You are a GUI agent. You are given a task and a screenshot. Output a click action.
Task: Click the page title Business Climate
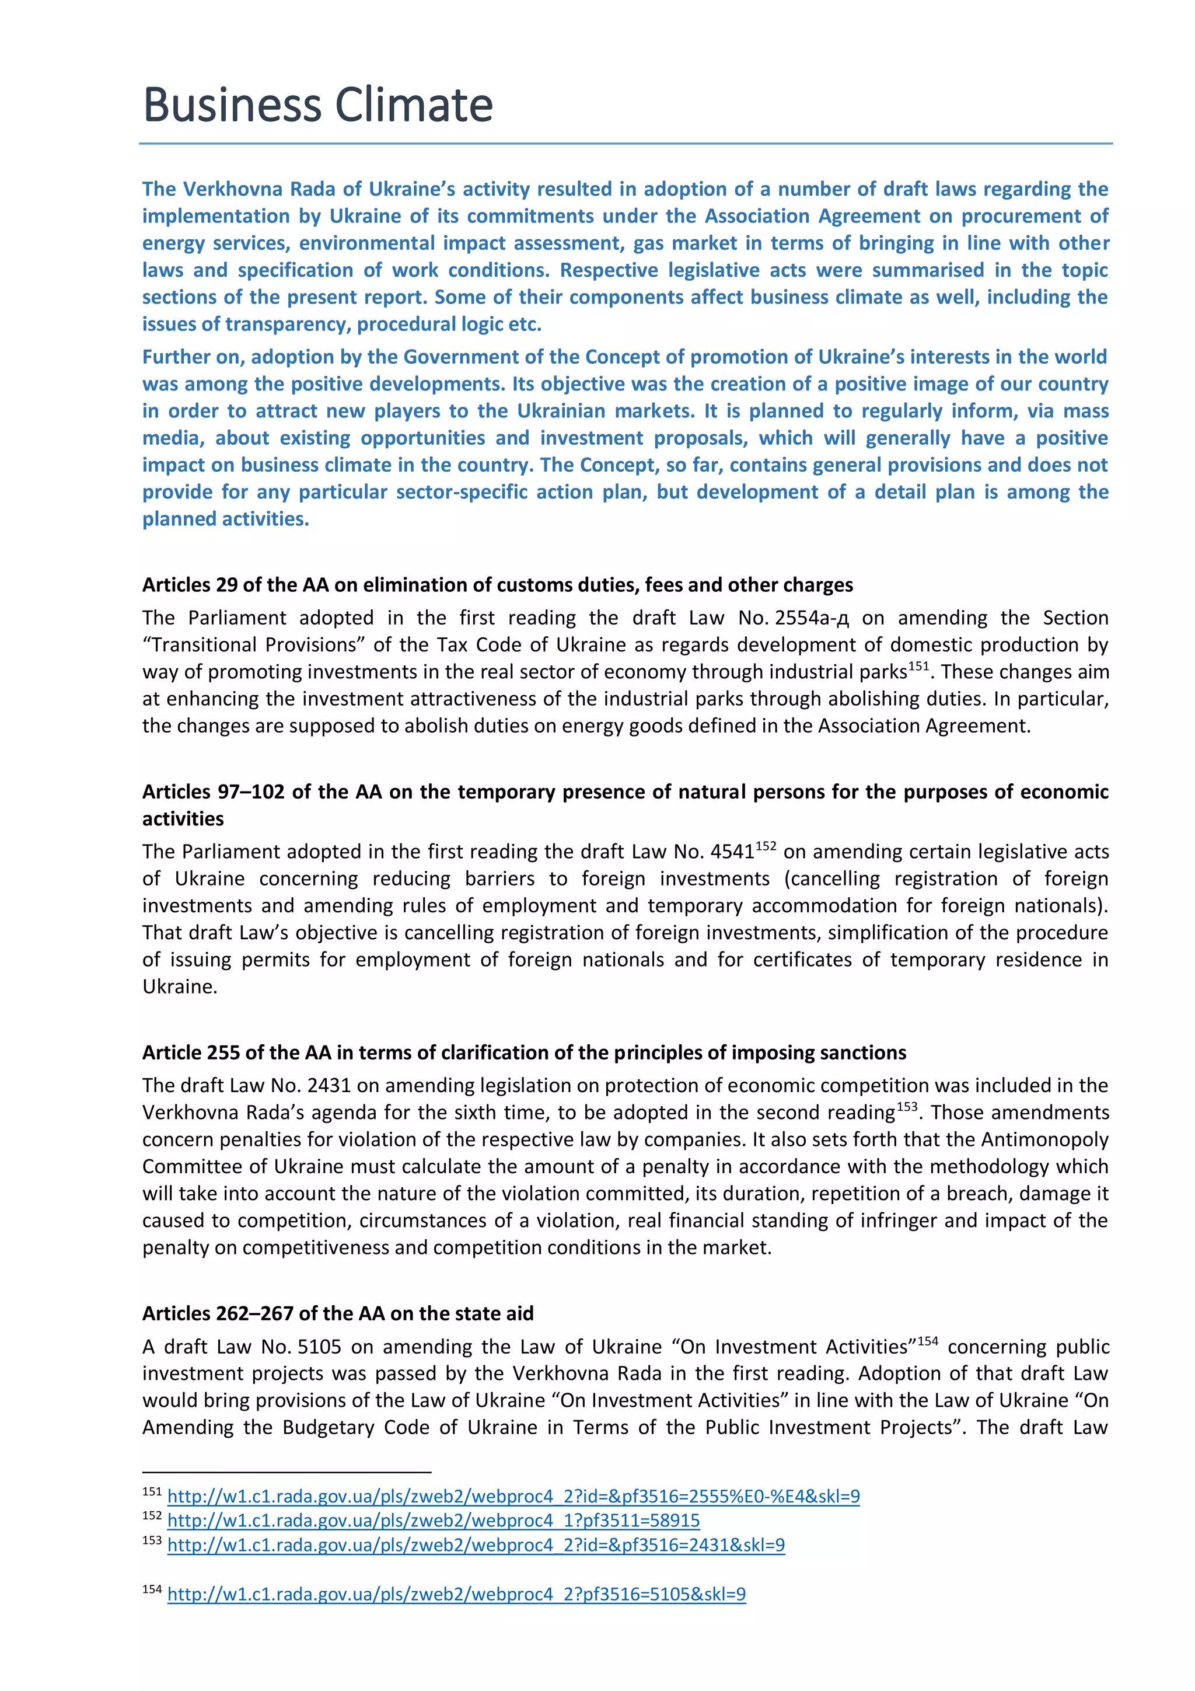pyautogui.click(x=317, y=104)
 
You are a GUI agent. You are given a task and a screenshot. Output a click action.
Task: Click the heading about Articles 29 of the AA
pyautogui.click(x=497, y=585)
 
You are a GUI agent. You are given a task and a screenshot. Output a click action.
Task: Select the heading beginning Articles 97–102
pyautogui.click(x=624, y=792)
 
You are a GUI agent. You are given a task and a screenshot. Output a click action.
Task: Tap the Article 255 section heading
pyautogui.click(x=523, y=1052)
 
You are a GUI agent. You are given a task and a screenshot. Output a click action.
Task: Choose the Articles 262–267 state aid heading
pyautogui.click(x=337, y=1313)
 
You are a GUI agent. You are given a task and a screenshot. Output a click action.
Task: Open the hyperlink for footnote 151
pyautogui.click(x=513, y=1496)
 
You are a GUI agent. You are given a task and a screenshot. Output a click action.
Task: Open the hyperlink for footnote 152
pyautogui.click(x=433, y=1520)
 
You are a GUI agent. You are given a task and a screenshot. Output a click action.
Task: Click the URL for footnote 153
pyautogui.click(x=476, y=1544)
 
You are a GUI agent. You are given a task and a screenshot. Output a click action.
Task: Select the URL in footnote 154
pyautogui.click(x=456, y=1594)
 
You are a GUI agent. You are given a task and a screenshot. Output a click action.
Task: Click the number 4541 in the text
pyautogui.click(x=732, y=852)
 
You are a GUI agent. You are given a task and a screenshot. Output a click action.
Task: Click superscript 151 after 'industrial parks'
pyautogui.click(x=918, y=666)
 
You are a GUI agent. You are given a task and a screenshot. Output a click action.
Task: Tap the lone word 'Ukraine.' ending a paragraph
pyautogui.click(x=180, y=987)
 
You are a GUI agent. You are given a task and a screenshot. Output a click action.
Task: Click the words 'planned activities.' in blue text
pyautogui.click(x=225, y=519)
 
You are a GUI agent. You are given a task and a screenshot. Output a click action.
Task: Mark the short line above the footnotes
pyautogui.click(x=286, y=1472)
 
